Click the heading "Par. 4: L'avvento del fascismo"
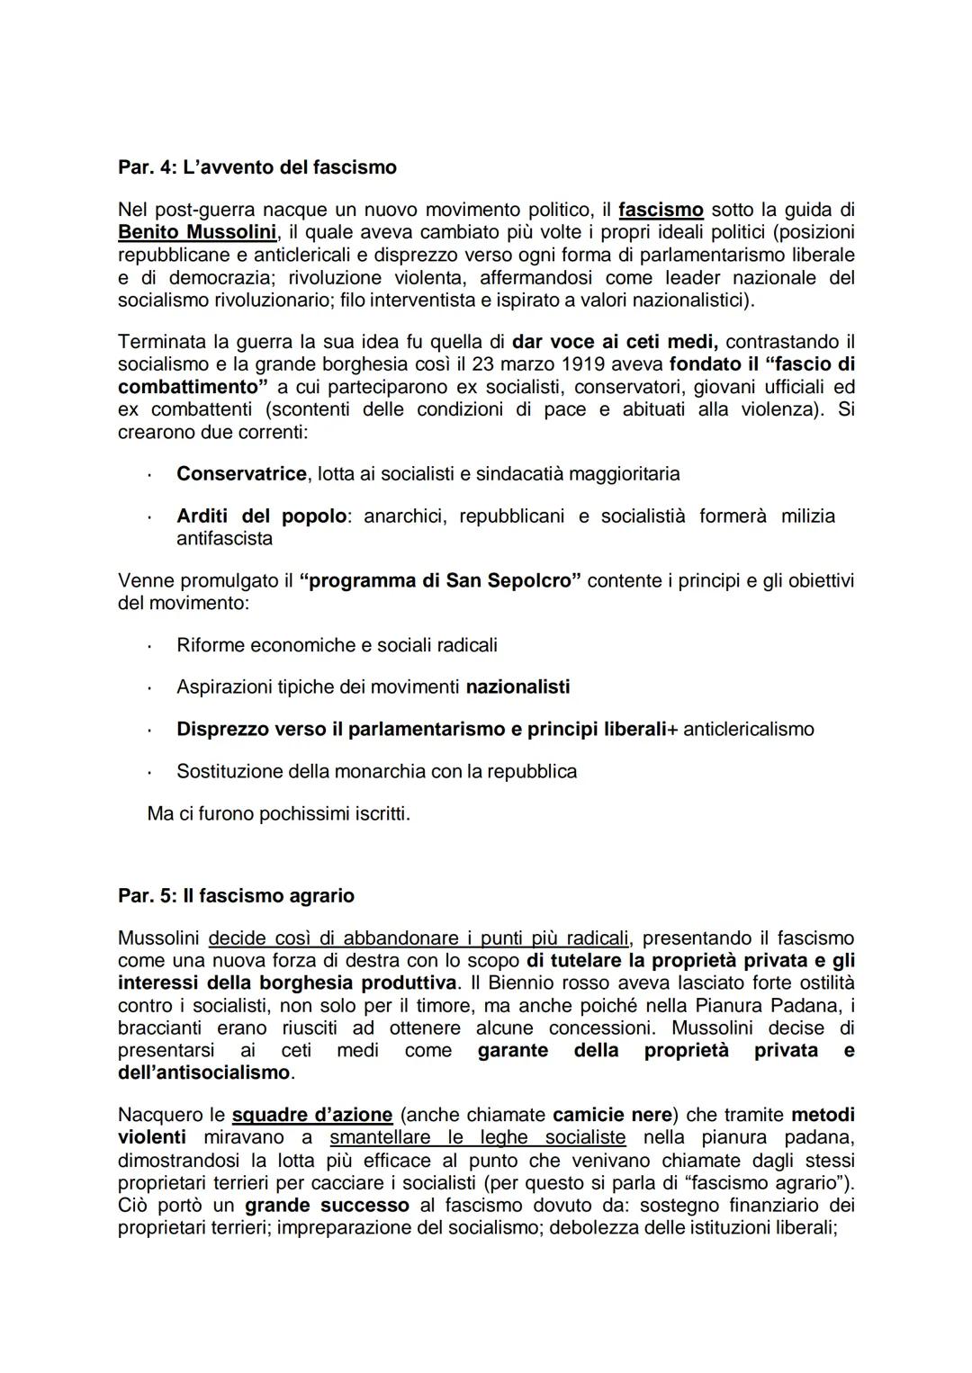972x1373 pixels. point(257,167)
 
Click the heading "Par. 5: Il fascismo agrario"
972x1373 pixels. point(236,896)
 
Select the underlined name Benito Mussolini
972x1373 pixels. point(196,232)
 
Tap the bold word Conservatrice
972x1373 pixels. point(241,473)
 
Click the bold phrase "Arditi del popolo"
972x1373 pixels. point(261,516)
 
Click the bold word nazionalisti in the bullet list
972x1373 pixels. point(517,687)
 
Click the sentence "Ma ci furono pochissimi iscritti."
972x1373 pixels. point(278,814)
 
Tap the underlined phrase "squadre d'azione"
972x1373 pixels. point(311,1116)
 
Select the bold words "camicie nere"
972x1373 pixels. point(612,1116)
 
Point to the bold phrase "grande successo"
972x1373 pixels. point(327,1206)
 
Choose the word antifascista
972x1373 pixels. point(224,539)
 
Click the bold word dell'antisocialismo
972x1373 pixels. point(204,1072)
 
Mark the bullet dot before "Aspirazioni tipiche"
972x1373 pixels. point(150,688)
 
